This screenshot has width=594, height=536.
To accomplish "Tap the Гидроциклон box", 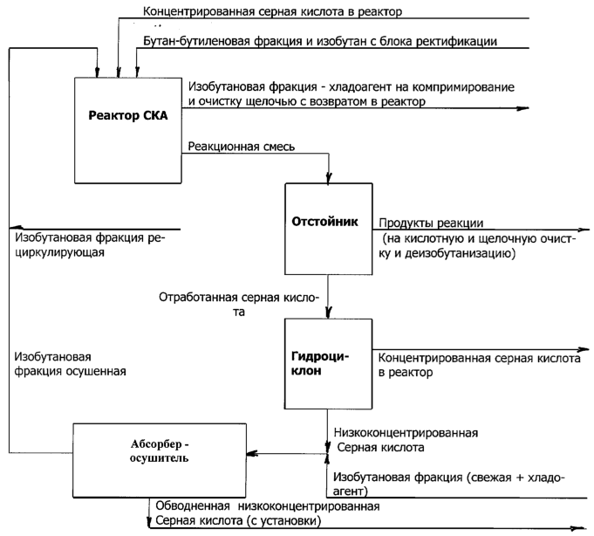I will pos(328,363).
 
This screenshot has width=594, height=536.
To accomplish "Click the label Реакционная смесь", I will pos(241,146).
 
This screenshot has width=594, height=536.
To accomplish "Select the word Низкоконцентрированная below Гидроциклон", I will pos(406,433).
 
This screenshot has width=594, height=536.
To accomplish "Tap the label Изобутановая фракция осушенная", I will pos(70,363).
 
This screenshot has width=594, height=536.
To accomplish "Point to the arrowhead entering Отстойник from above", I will pos(328,179).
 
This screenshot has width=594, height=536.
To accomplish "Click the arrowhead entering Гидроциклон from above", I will pos(328,315).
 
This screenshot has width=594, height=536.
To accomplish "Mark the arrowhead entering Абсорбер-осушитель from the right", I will pos(250,454).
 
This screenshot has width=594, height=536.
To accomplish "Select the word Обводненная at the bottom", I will pos(192,506).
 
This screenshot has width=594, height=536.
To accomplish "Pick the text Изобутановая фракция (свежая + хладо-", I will pos(437,478).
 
